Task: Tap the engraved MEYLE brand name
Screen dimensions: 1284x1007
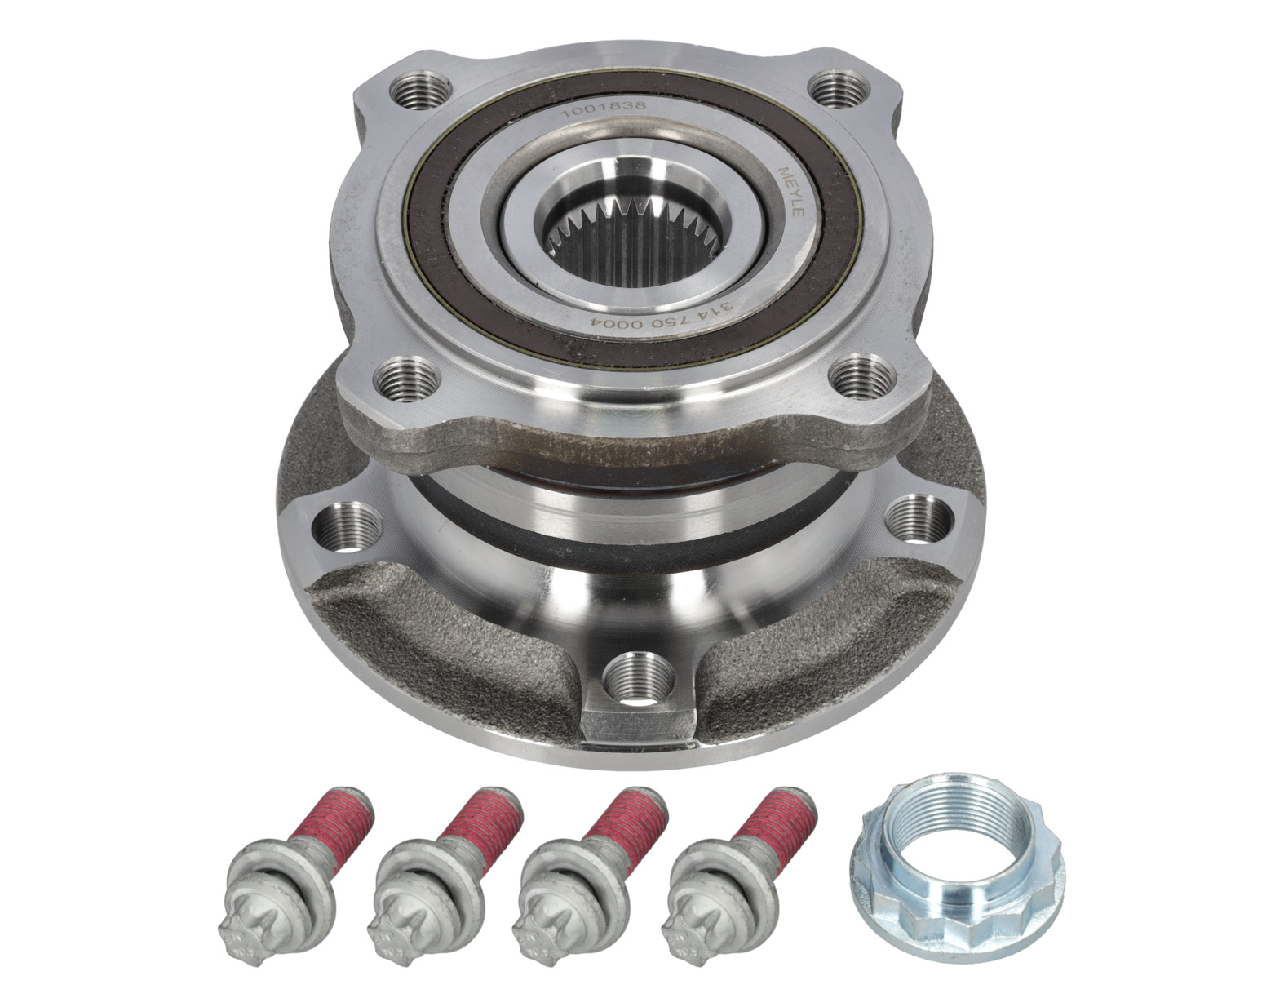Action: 790,193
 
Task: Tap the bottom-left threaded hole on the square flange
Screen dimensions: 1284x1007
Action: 409,378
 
